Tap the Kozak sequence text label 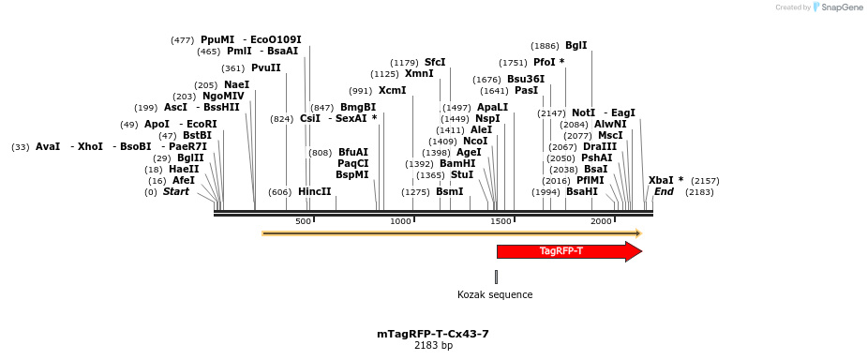coord(495,294)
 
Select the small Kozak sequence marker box coord(496,277)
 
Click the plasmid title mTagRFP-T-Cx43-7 coord(433,334)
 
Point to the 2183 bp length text coord(433,346)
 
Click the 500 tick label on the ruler coord(303,221)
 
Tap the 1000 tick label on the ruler coord(401,221)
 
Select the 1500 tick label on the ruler coord(501,221)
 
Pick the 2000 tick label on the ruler coord(601,221)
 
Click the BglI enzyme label coord(576,45)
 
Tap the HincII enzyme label coord(314,191)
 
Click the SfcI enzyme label coord(435,62)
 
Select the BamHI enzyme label coord(457,163)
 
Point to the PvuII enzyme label coord(265,67)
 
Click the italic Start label coord(175,191)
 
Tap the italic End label coord(664,191)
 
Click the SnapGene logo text coord(840,7)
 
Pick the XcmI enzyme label coord(392,90)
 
